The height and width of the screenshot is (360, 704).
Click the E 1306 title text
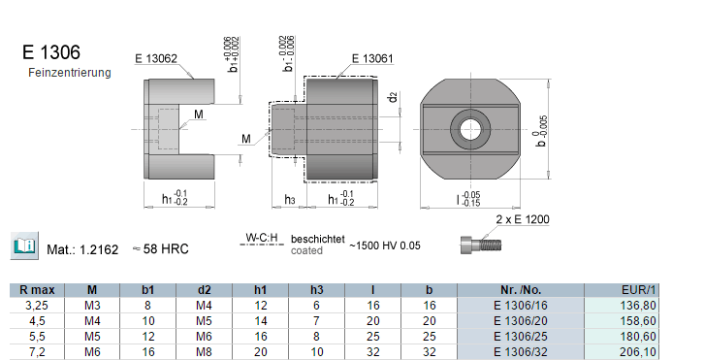[x=51, y=52]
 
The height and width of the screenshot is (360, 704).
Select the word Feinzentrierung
[x=70, y=73]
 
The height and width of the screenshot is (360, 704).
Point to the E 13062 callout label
[x=156, y=58]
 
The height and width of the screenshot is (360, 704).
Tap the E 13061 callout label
[x=372, y=58]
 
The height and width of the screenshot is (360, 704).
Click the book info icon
[x=24, y=245]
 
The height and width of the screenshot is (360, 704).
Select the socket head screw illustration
[x=480, y=245]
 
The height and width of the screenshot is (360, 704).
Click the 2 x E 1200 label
[x=523, y=219]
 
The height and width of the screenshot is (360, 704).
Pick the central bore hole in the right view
[x=470, y=130]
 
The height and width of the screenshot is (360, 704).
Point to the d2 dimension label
[x=394, y=97]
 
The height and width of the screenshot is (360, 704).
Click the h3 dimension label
[x=290, y=200]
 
